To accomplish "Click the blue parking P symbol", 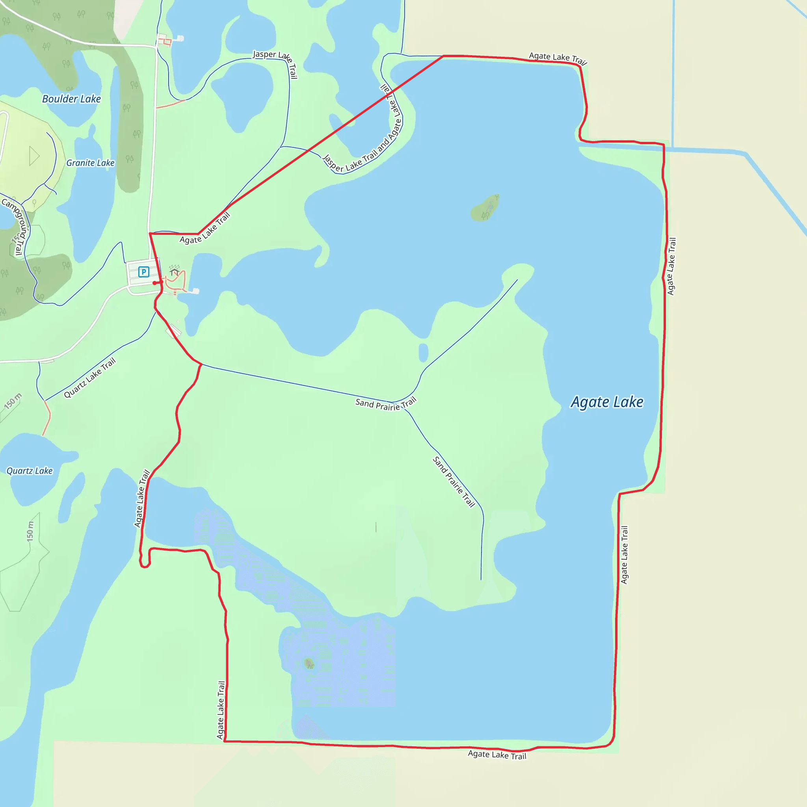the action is pos(144,272).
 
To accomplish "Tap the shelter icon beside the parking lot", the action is pos(175,272).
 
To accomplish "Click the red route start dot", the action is pos(154,283).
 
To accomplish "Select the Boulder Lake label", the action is pos(71,99).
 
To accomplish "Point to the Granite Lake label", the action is pos(90,163).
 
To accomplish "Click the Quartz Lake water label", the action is pos(30,471).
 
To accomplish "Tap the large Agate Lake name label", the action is pos(607,402).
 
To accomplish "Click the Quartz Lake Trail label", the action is pos(89,377).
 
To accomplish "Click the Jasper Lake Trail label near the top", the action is pos(275,63).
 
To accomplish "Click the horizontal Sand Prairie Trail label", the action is pos(385,404).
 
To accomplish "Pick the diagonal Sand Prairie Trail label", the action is pos(454,482).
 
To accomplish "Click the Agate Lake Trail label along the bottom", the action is pos(496,755).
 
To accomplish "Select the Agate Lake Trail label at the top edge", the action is pos(558,58).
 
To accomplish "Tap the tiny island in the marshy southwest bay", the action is pos(309,663).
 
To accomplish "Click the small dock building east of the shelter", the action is pos(195,291).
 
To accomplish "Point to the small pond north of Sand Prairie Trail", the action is pos(423,352).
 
